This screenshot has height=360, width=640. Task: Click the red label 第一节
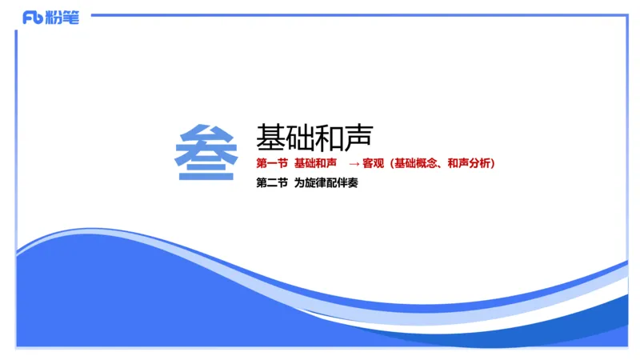point(271,163)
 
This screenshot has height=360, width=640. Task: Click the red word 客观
point(373,163)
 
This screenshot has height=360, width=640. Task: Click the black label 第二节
point(271,182)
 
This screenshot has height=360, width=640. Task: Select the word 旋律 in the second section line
point(315,182)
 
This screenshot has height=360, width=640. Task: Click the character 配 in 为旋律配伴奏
point(331,182)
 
